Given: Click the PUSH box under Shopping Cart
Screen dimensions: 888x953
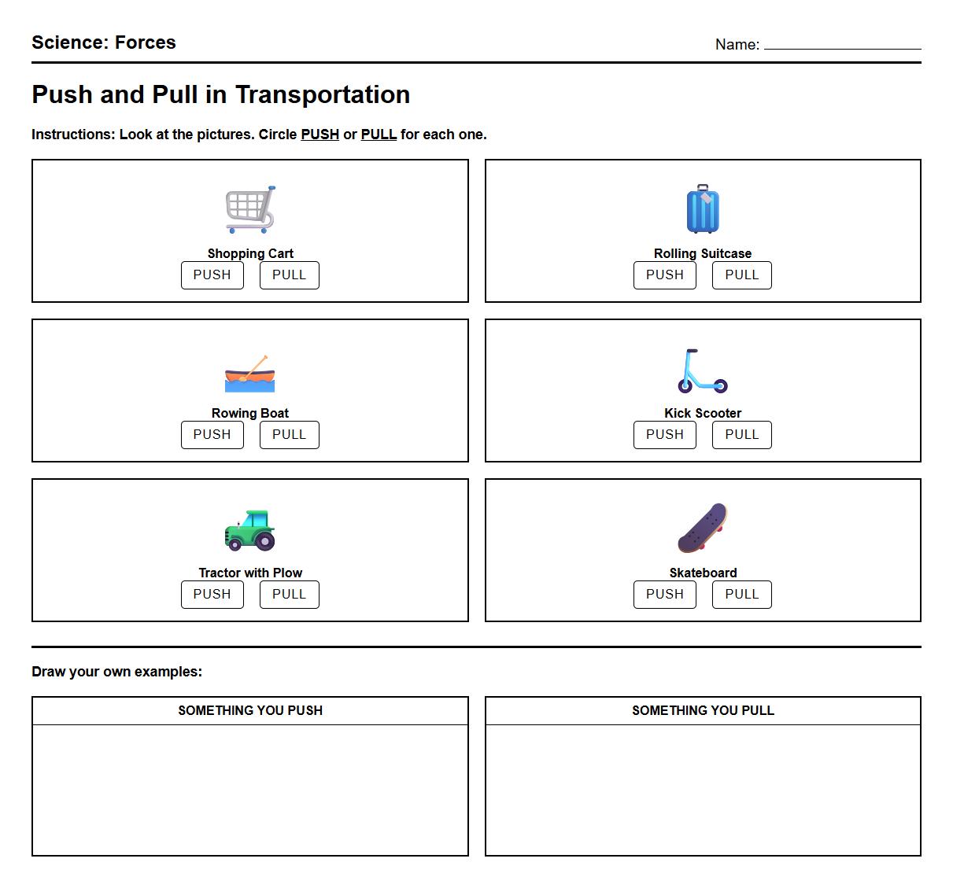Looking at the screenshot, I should pos(212,275).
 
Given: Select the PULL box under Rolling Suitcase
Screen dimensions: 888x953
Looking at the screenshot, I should pos(741,275).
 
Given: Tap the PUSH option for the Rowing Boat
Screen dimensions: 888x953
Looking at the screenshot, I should pos(212,435).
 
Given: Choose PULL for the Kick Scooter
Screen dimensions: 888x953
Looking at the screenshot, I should pos(741,435).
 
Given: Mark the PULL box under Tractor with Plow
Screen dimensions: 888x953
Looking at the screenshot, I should pos(289,595).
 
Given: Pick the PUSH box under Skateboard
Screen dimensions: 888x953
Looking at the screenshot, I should pos(664,595).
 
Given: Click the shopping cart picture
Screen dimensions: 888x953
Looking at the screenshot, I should pos(250,210).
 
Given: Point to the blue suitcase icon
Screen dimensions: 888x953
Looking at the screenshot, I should pos(703,210).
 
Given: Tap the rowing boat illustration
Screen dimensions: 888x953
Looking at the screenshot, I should pos(250,374).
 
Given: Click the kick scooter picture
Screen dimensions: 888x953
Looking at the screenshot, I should pos(703,371).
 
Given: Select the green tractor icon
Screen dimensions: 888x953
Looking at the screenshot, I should pos(250,529).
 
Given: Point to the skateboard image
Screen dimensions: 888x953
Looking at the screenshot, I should pos(703,528).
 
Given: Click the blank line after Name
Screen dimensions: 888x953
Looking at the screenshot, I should pos(842,46).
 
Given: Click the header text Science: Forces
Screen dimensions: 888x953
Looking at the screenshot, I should pos(104,42).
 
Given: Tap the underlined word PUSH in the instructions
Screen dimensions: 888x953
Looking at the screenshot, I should pos(320,134).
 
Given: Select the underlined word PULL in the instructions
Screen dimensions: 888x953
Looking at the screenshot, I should pos(379,134).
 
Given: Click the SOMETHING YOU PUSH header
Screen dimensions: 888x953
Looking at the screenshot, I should pos(250,710).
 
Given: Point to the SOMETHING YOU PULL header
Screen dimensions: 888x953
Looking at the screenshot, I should pos(703,710).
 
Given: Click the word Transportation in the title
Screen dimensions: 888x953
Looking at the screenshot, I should pos(323,94).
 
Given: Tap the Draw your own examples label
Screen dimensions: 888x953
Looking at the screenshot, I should pos(116,672).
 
